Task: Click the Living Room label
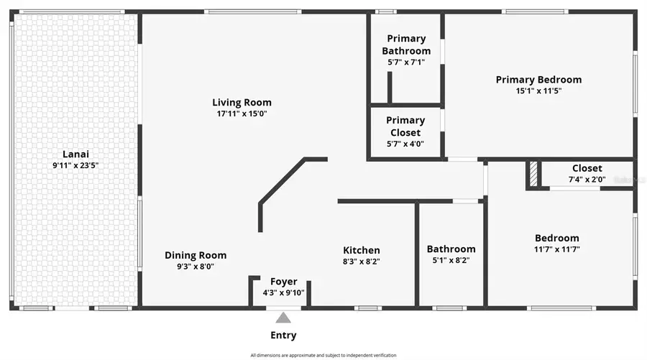[242, 102]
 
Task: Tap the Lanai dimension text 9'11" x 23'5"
[75, 165]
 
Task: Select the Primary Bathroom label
[406, 45]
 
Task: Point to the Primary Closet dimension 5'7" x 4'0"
[405, 144]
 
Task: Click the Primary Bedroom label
[538, 80]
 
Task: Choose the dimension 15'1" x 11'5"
[538, 91]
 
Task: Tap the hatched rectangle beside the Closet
[533, 174]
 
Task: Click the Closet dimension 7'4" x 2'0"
[587, 180]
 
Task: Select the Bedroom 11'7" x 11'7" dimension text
[556, 249]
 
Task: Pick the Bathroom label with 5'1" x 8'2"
[451, 249]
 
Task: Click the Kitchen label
[361, 250]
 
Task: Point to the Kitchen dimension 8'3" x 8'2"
[361, 262]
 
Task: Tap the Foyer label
[283, 281]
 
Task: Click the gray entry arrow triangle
[283, 318]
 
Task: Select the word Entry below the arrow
[283, 335]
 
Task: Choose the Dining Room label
[196, 255]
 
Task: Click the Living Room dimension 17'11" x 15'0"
[242, 114]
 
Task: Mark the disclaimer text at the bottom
[323, 355]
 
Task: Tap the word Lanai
[75, 154]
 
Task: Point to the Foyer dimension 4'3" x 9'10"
[283, 292]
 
